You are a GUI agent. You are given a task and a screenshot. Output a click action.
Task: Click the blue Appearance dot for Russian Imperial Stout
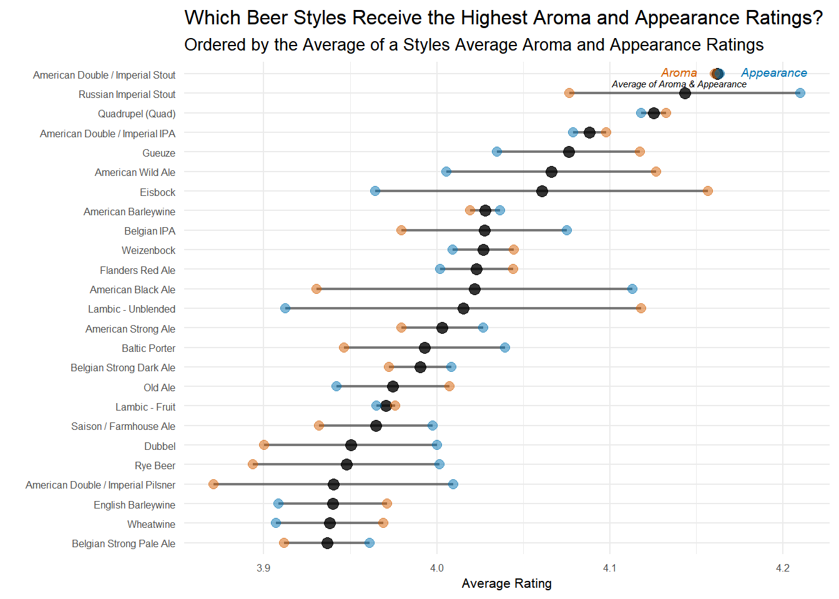click(x=800, y=93)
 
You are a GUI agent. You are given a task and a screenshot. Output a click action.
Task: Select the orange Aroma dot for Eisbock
click(x=707, y=191)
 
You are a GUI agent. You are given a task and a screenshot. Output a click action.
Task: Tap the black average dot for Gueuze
click(x=569, y=152)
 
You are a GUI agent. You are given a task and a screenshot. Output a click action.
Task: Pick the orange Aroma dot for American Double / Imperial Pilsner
click(x=213, y=484)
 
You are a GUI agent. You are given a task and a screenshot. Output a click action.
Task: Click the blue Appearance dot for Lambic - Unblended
click(x=285, y=308)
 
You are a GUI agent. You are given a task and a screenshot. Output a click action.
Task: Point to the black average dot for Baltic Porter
click(x=424, y=348)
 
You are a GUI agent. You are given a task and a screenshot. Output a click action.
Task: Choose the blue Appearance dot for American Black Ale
click(x=632, y=289)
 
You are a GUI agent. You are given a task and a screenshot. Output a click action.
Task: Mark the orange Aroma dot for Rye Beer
click(x=253, y=464)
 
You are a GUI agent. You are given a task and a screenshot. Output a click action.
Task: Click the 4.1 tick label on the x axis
click(x=609, y=568)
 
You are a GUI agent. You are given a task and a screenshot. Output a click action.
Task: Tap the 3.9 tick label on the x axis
click(x=263, y=568)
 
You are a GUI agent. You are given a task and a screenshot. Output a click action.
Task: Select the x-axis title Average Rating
click(x=506, y=583)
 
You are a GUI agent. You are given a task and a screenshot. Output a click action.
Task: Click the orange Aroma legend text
click(x=679, y=73)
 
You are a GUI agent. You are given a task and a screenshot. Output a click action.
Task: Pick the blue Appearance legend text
click(x=773, y=73)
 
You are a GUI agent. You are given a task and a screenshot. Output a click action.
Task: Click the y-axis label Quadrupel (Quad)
click(x=137, y=114)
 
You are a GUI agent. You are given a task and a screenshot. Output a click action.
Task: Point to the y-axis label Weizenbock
click(x=149, y=250)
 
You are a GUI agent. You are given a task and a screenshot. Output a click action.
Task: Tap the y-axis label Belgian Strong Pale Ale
click(x=124, y=543)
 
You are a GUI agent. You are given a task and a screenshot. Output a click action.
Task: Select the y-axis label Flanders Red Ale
click(x=137, y=270)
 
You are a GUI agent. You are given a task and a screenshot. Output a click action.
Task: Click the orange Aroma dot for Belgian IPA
click(x=401, y=230)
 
